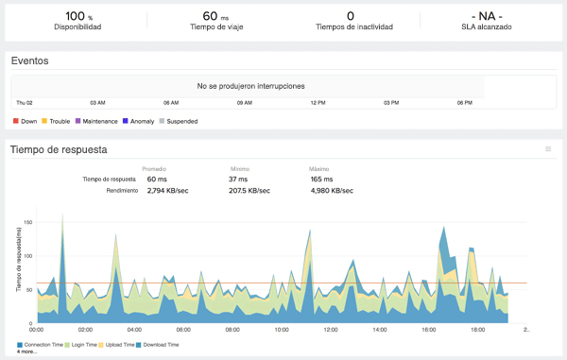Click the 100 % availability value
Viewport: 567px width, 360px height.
tap(77, 15)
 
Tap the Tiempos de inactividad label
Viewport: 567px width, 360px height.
tap(351, 27)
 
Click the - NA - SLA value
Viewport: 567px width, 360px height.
tap(490, 15)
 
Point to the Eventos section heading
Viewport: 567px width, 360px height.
tap(29, 60)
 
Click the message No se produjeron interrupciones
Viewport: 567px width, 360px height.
tap(250, 86)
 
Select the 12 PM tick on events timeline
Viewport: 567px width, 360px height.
tap(318, 102)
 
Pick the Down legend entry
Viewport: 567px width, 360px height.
tap(26, 121)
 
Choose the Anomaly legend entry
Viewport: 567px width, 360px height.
tap(142, 121)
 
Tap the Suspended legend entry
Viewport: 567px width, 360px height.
tap(185, 121)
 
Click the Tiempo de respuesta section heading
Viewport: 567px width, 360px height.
tap(59, 149)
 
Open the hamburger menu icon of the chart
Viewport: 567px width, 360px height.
tap(548, 149)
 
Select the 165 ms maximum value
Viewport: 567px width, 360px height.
tap(321, 179)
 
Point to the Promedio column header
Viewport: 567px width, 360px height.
tap(154, 169)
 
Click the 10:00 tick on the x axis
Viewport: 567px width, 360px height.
tap(282, 330)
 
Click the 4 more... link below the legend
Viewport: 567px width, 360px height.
tap(27, 351)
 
